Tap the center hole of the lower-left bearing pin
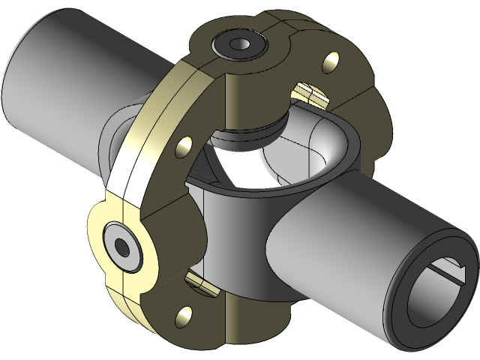point(121,244)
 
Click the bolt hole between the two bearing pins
point(183,147)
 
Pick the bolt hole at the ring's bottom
point(181,319)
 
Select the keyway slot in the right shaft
point(450,264)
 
